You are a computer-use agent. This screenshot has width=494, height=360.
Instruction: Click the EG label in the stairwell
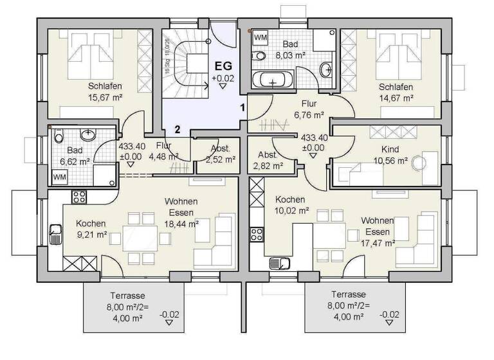click(x=222, y=66)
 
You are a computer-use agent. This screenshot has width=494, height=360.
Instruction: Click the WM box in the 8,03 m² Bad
click(x=261, y=38)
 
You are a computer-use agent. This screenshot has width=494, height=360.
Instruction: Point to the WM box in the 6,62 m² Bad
click(x=59, y=176)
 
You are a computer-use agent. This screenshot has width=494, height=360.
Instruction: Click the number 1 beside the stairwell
click(x=242, y=108)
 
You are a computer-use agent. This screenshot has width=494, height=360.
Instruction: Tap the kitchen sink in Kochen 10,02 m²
click(x=280, y=262)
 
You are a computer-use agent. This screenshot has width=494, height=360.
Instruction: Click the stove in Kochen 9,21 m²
click(x=78, y=196)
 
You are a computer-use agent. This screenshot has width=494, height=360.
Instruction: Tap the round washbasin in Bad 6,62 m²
click(x=87, y=134)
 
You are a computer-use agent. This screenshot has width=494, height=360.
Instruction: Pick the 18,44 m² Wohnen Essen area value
click(x=181, y=223)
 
